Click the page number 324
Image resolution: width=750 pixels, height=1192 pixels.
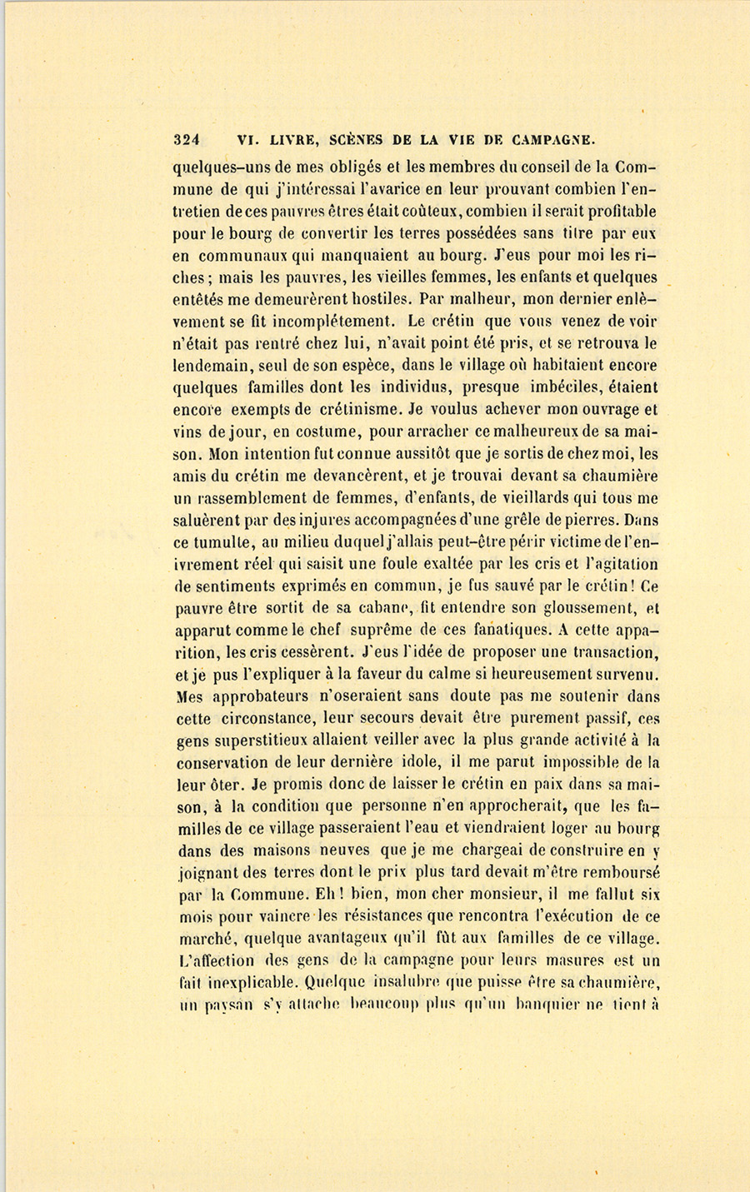point(190,139)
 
